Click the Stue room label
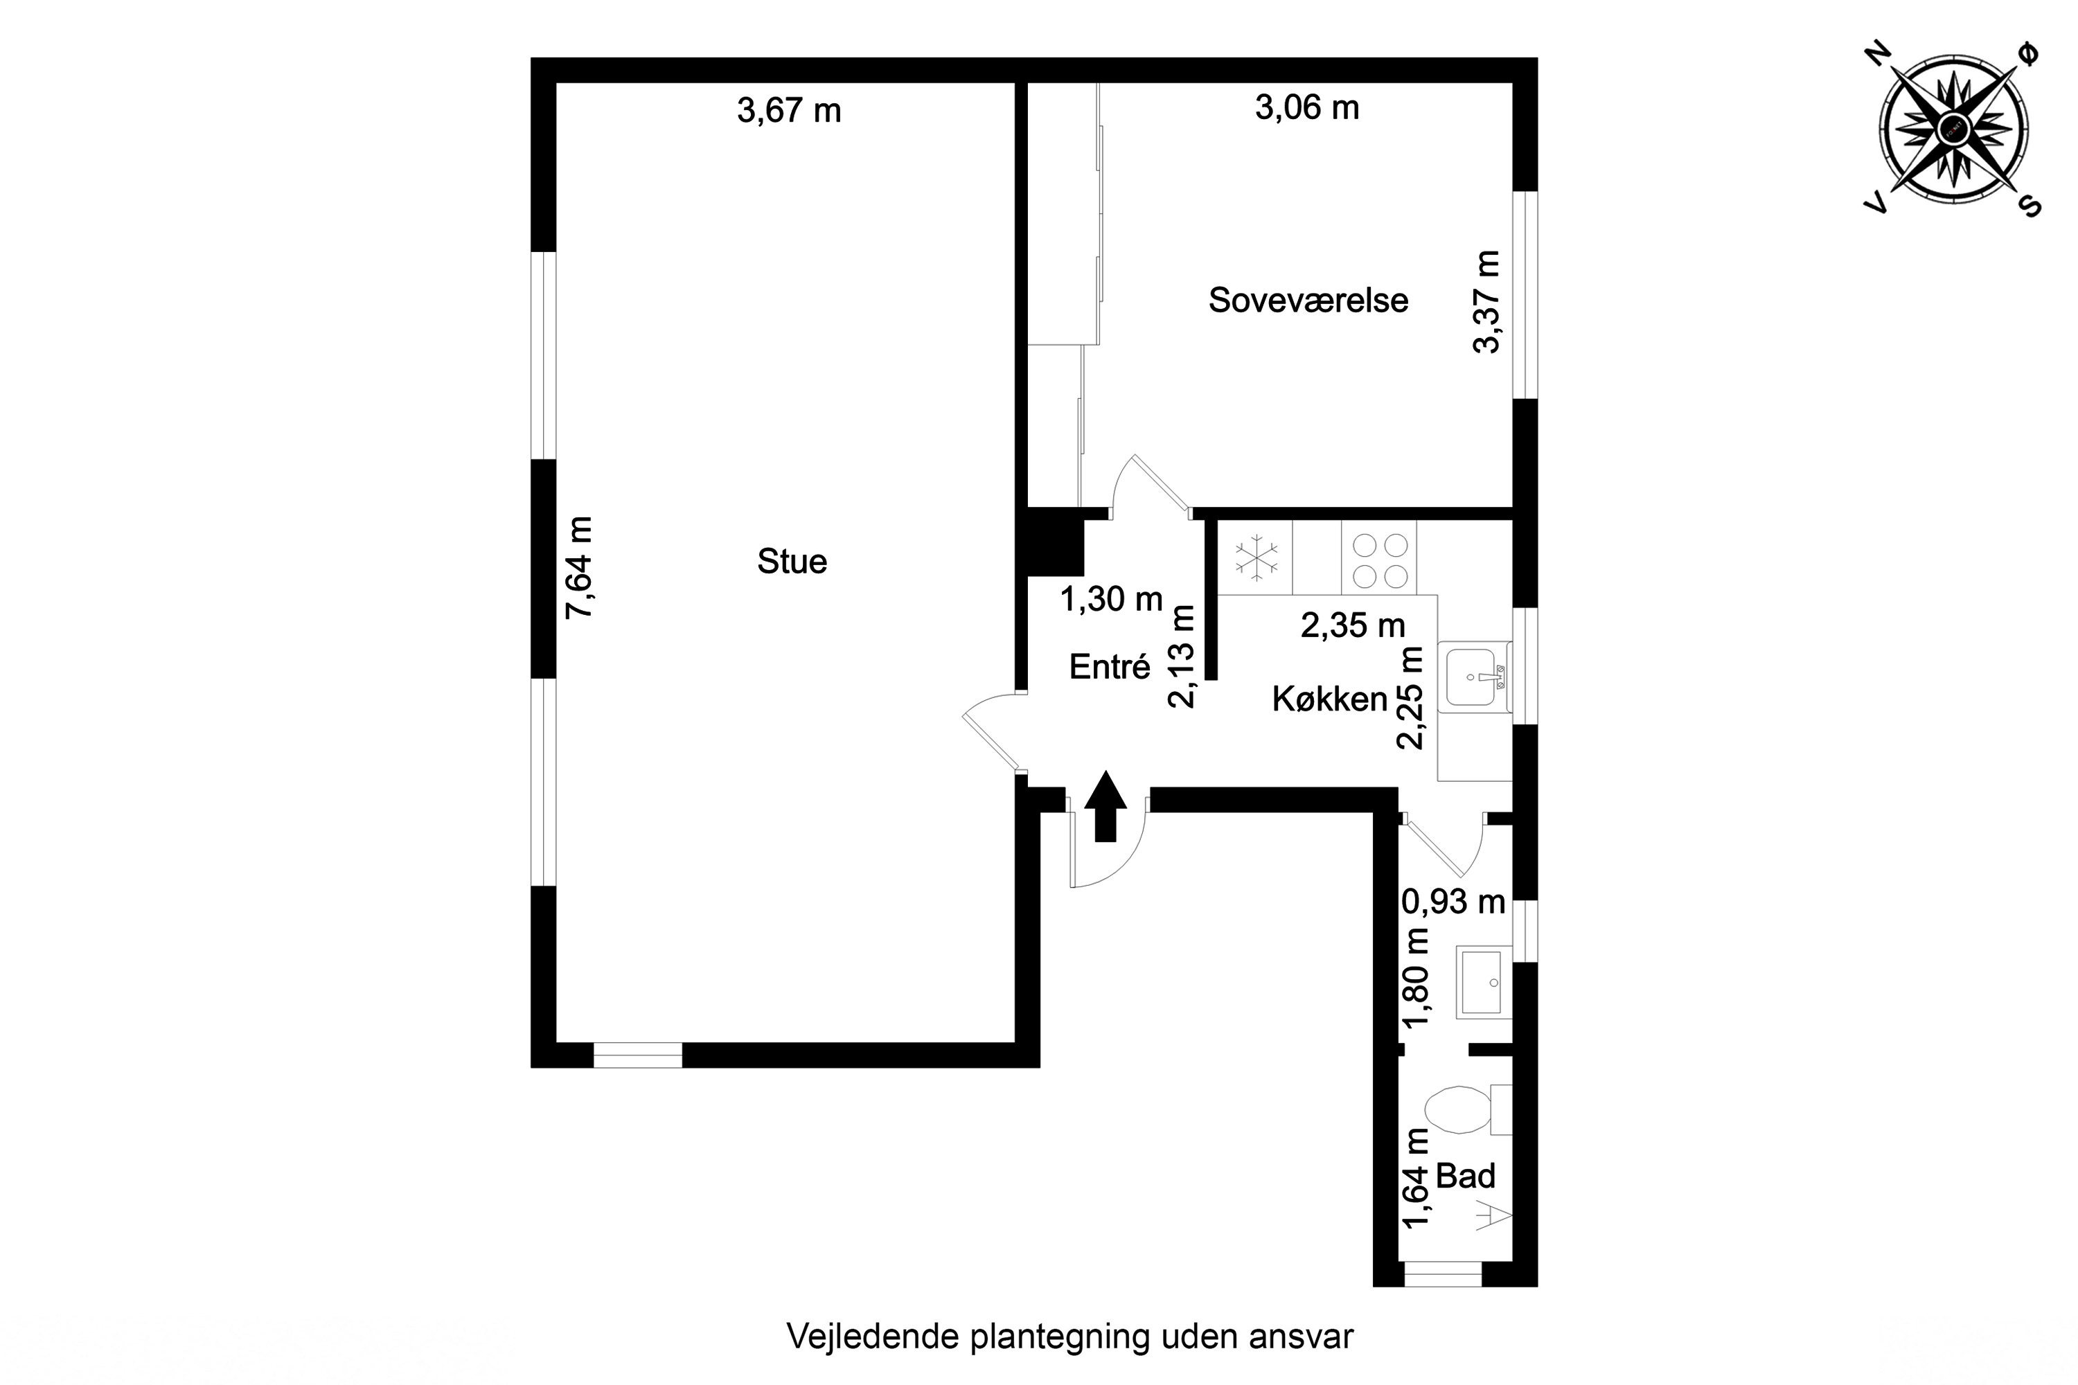tap(792, 562)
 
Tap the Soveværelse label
tap(1308, 301)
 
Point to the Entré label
tap(1110, 667)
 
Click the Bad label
tap(1466, 1176)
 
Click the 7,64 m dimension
tap(580, 567)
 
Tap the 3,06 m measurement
tap(1306, 108)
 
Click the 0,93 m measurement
tap(1453, 902)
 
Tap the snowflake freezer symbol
tap(1255, 557)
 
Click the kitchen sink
tap(1473, 677)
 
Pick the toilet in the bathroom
tap(1458, 1110)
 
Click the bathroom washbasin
tap(1482, 982)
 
